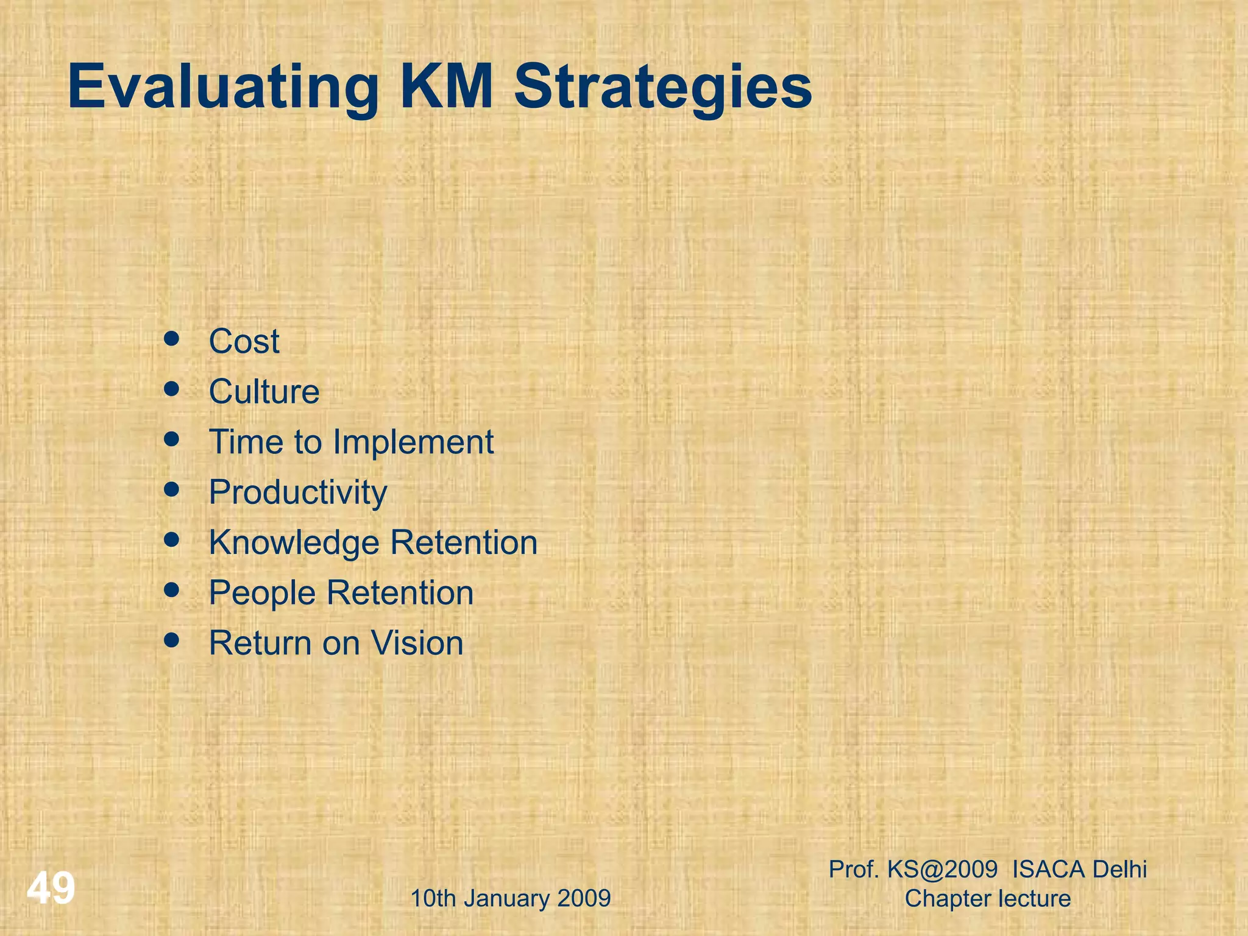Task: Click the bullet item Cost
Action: (x=244, y=341)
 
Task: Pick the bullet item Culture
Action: (x=264, y=391)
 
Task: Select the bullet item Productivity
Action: (x=298, y=492)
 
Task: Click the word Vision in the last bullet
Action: (x=417, y=643)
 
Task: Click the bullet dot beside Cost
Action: (x=172, y=338)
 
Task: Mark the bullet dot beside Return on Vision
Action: (x=172, y=640)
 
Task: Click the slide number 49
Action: (x=51, y=888)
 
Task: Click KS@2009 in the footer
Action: (x=942, y=870)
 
